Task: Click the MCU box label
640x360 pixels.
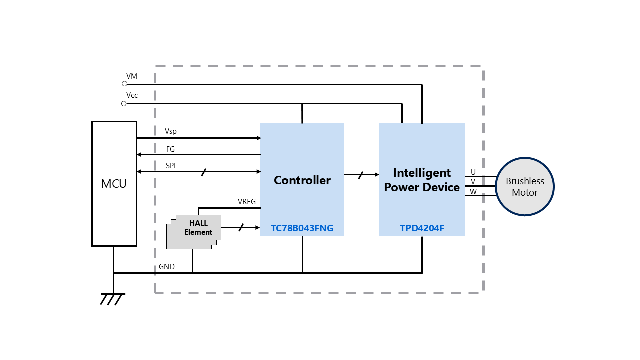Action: (114, 184)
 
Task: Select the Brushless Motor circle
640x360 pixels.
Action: (524, 187)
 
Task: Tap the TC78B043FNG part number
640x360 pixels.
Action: (302, 228)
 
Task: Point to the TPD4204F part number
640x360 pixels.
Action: (422, 228)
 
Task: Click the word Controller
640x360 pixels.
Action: (302, 180)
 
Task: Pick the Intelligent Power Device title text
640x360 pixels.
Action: (422, 180)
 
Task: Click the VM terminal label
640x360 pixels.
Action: (132, 76)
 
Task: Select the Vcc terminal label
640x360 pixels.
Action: (132, 95)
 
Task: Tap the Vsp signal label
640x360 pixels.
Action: (171, 131)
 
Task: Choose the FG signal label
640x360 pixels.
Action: (171, 149)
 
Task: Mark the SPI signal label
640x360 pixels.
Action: (171, 166)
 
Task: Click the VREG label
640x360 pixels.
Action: (247, 202)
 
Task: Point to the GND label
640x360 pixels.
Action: (167, 267)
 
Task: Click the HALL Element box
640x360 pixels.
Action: (198, 228)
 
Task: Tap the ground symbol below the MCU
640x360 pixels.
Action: (113, 299)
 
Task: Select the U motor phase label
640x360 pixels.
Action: (473, 172)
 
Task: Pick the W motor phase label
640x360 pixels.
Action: (473, 191)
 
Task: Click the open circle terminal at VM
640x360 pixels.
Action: (124, 84)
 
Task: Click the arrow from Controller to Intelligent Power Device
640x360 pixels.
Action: (361, 175)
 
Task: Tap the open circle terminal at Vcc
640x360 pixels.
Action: (124, 103)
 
